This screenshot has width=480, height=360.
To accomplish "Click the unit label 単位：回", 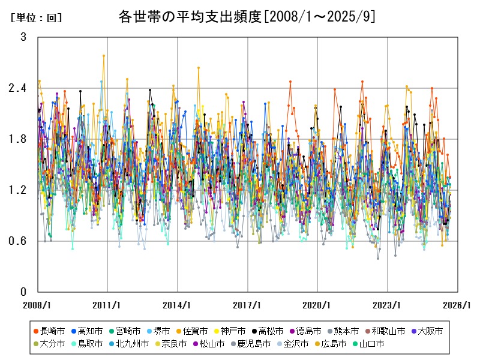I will click(36, 18).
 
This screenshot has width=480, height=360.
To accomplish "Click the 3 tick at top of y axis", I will click(23, 37).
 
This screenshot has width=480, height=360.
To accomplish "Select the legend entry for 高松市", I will click(271, 331).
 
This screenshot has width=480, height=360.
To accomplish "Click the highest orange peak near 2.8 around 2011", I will click(104, 56).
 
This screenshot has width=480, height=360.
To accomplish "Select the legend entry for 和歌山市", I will click(388, 331).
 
